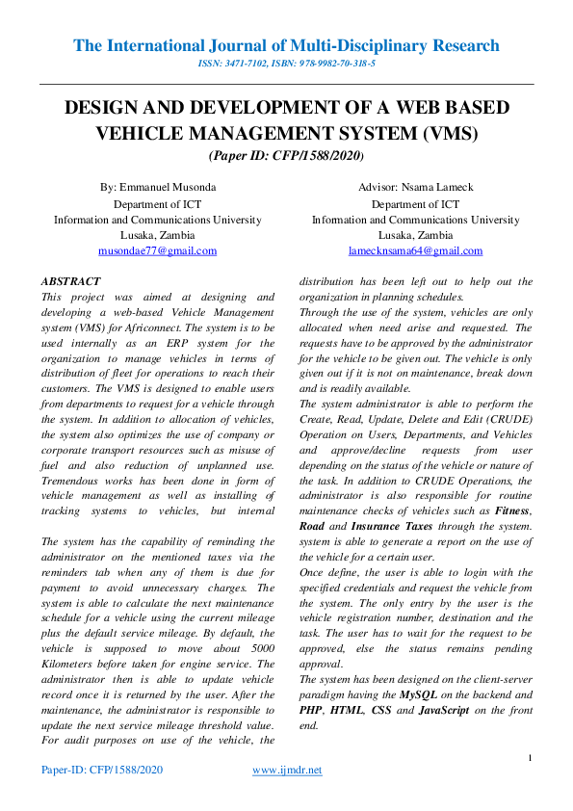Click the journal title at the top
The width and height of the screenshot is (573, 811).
[x=286, y=45]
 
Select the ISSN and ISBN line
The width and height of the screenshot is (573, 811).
[x=286, y=64]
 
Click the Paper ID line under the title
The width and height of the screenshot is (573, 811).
[x=286, y=155]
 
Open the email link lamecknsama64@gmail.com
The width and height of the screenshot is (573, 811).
[x=416, y=250]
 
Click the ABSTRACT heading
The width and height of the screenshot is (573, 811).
[x=70, y=281]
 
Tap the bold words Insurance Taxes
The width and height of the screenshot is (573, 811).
[x=394, y=525]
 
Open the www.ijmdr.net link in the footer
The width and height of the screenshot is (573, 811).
[x=287, y=770]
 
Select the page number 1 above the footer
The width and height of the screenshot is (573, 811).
[x=531, y=757]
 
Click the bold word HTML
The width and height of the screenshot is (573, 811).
[x=349, y=710]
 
